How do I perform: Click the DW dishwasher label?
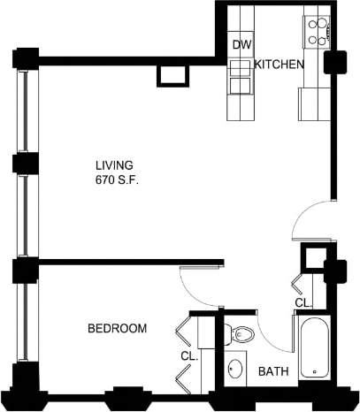241,45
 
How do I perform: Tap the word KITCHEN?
280,65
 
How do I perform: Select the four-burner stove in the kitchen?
317,31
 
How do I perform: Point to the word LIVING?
115,165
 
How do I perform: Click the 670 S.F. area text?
119,180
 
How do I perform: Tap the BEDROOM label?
117,329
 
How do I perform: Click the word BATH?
272,372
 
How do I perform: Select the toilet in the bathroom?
241,335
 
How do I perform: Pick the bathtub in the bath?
313,351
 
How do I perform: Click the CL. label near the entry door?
303,302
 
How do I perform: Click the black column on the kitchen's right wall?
335,64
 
